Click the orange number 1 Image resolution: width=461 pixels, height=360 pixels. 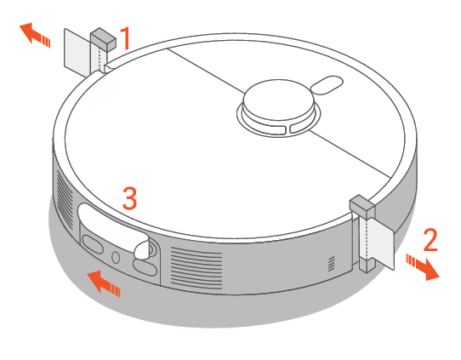tap(126, 38)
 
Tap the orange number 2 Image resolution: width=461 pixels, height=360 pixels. tap(430, 240)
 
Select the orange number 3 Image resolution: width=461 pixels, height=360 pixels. tap(129, 198)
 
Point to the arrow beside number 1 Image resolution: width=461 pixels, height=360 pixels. tap(35, 35)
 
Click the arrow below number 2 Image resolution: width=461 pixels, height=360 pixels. tap(423, 267)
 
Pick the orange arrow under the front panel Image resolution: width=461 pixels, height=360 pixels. tap(104, 283)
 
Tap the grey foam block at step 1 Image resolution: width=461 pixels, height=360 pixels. tap(103, 39)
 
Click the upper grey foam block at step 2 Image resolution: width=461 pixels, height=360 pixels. tap(362, 207)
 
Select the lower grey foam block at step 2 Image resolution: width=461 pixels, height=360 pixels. tap(367, 264)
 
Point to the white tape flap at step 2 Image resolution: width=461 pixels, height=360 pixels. tap(381, 243)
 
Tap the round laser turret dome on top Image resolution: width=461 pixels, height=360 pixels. tap(278, 100)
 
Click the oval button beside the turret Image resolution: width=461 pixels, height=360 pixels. tap(327, 85)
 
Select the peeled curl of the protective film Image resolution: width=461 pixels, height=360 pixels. tap(142, 249)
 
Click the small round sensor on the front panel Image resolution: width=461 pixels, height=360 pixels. tap(116, 257)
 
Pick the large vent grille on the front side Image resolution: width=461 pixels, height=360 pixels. tap(196, 267)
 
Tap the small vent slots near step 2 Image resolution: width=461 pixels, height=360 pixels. tap(332, 264)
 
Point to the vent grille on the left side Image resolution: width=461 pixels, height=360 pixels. tap(65, 197)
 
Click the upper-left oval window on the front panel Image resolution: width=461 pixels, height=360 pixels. tap(93, 243)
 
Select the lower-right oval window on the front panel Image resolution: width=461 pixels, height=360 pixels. tap(145, 266)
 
